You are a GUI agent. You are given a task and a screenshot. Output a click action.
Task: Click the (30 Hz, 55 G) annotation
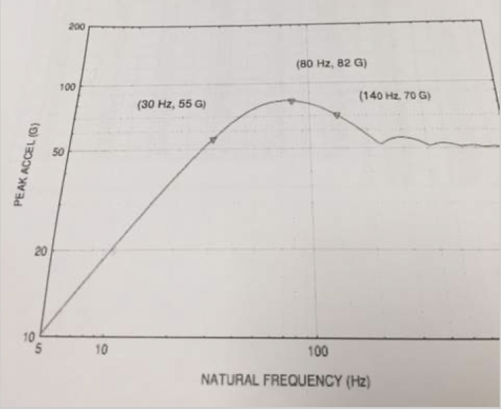[x=170, y=106]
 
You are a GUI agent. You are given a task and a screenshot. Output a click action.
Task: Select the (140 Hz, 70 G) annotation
[x=395, y=96]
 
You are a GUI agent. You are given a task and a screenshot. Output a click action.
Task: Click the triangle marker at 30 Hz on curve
[x=214, y=140]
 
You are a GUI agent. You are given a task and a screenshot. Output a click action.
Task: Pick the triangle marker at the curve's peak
[x=291, y=101]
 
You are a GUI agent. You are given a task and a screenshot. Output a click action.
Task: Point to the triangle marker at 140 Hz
[x=337, y=116]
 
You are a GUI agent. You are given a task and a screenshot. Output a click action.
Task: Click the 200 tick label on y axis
[x=76, y=27]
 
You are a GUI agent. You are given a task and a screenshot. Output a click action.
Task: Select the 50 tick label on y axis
[x=76, y=151]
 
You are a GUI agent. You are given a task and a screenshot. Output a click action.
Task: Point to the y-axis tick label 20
[x=76, y=251]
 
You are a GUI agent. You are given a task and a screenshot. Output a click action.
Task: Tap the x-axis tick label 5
[x=39, y=350]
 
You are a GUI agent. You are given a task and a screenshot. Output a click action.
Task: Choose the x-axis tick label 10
[x=101, y=350]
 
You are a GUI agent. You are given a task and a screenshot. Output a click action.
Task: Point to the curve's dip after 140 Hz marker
[x=381, y=143]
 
